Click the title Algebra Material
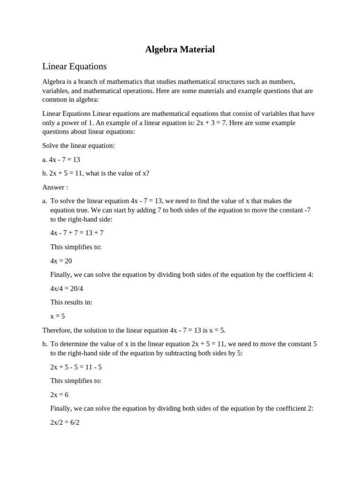(180, 49)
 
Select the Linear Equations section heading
(75, 67)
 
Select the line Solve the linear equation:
(78, 146)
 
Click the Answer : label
(55, 187)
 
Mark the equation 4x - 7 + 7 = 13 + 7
(77, 233)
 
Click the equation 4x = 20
(61, 261)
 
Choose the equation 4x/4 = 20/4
(67, 289)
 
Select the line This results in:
(71, 302)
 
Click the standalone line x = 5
(58, 316)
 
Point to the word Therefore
(57, 330)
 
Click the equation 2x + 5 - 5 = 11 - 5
(76, 367)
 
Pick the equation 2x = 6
(59, 395)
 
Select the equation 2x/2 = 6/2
(65, 422)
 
